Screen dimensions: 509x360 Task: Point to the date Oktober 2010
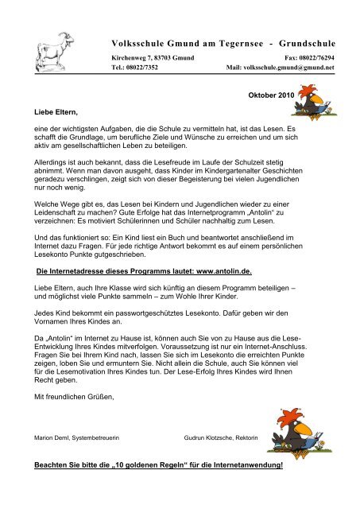pos(269,95)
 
